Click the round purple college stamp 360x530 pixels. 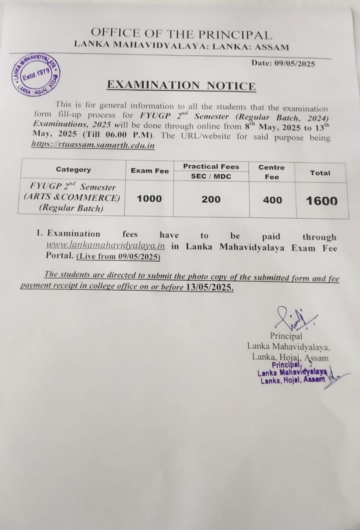36,75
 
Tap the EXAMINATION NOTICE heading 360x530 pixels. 181,85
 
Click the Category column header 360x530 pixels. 73,169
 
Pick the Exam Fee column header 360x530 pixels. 149,171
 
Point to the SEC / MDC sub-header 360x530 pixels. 211,176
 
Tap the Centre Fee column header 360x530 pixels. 271,172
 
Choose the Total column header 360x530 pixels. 320,173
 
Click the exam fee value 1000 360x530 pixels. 149,199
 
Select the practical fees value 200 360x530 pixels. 211,200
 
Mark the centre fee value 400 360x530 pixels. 272,200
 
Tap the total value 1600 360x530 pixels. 322,201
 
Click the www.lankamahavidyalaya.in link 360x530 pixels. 106,246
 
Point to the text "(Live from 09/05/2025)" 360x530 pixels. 118,257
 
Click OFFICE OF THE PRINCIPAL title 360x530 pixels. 181,34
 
